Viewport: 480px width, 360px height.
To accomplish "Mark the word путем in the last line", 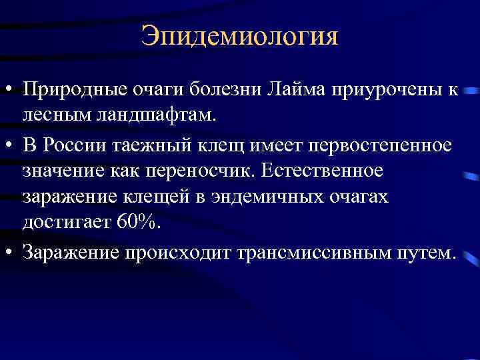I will [422, 253].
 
